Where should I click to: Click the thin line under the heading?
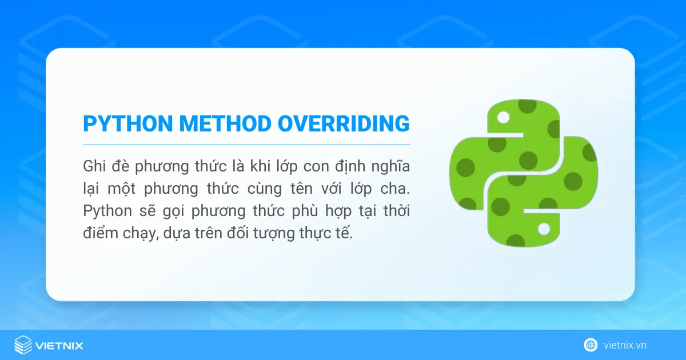[x=246, y=145]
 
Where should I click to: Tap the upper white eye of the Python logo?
[x=503, y=118]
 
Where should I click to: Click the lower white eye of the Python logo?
[x=544, y=229]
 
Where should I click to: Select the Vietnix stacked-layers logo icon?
[x=23, y=345]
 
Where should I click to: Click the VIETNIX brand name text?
[x=59, y=345]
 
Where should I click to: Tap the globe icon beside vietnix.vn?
[x=591, y=345]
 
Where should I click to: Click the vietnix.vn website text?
[x=625, y=345]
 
